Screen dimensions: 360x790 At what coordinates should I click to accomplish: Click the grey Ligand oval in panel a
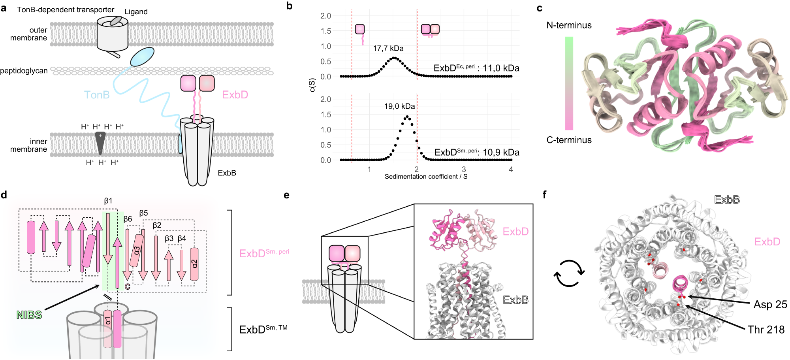tap(116, 21)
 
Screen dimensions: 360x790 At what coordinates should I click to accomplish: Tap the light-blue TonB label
tap(97, 95)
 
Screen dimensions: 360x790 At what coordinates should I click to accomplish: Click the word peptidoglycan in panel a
tap(24, 71)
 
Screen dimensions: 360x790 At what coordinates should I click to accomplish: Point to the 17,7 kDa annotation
tap(388, 49)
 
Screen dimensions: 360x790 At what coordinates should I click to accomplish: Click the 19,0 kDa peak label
tap(399, 106)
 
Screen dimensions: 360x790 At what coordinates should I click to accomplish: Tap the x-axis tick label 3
tap(464, 169)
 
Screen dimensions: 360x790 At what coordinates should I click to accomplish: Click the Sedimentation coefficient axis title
tap(426, 177)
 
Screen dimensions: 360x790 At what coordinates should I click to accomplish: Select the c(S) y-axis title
tap(312, 85)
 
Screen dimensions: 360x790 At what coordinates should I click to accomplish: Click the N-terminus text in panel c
tap(569, 25)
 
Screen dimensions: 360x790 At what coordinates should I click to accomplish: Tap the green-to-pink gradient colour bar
tap(569, 83)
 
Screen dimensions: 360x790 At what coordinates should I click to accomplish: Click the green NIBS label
tap(29, 315)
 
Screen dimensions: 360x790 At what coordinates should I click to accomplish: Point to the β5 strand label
tap(143, 213)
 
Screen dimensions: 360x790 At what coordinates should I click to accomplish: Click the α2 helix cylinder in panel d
tap(194, 264)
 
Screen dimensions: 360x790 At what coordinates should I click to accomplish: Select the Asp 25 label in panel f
tap(770, 305)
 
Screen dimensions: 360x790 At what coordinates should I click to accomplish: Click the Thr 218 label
tap(766, 330)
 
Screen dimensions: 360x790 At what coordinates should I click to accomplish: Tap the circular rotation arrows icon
tap(569, 273)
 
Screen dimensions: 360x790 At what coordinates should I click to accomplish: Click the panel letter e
tap(287, 195)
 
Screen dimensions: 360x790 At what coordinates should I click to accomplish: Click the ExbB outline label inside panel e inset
tap(515, 300)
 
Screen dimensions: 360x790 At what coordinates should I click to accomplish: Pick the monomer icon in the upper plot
tap(360, 29)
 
